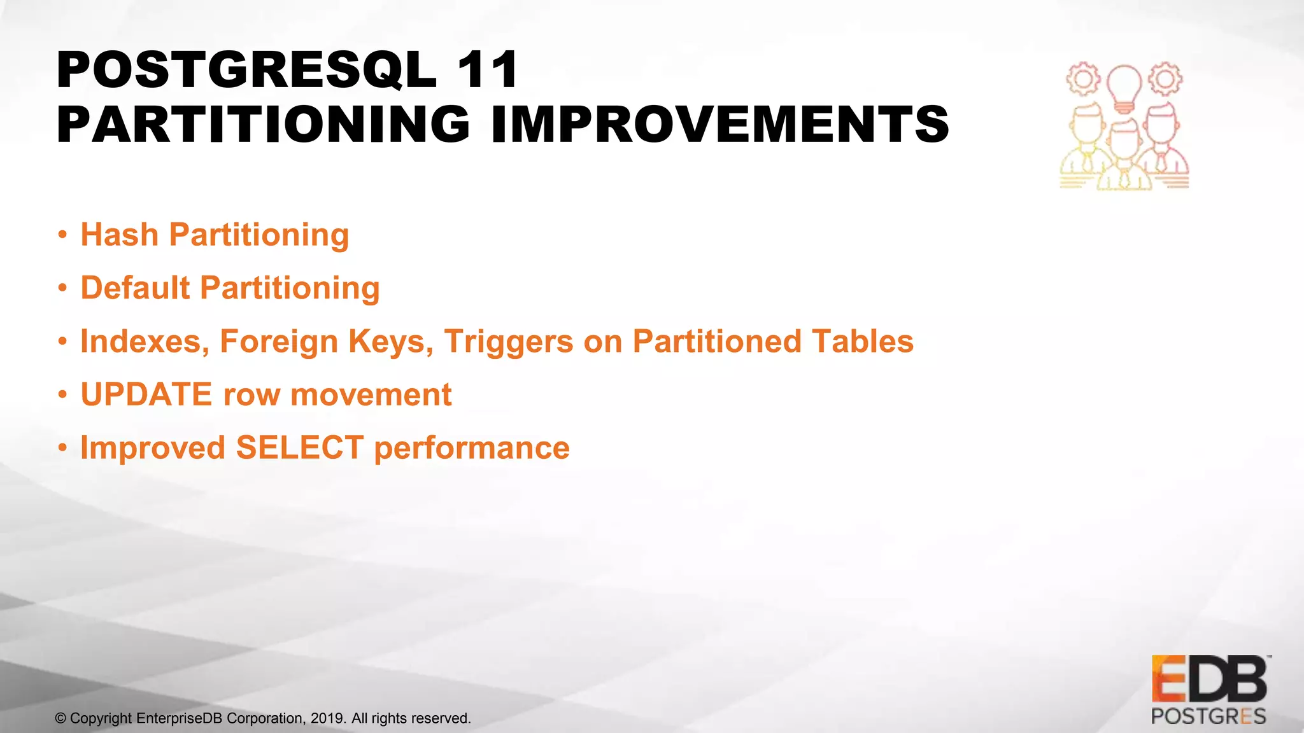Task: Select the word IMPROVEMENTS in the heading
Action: pos(720,124)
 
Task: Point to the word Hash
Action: pos(119,235)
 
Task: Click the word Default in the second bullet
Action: pos(135,288)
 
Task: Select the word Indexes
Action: pos(145,342)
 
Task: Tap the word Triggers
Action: pos(508,342)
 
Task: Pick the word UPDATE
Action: pos(146,394)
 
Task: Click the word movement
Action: pos(371,394)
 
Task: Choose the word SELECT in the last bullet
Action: pos(299,448)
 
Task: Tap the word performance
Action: pos(471,448)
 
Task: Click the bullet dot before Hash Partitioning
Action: pos(62,235)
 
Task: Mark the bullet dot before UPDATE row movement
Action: pos(62,395)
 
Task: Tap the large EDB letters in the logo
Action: pos(1208,680)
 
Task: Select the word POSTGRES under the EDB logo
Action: pos(1208,716)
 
